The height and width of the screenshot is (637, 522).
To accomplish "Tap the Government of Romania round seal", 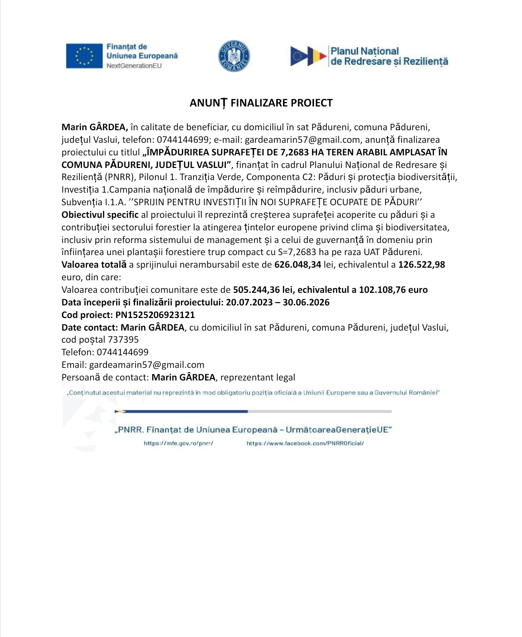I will coord(234,56).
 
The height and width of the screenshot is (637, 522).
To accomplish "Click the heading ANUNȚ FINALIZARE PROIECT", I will coord(261,103).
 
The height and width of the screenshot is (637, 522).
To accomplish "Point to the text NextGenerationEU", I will coord(134,66).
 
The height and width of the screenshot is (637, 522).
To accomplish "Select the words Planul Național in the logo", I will coord(364,51).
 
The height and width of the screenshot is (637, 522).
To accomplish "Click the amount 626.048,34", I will coord(298,265).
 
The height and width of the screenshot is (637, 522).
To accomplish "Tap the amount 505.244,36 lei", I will coord(263,290).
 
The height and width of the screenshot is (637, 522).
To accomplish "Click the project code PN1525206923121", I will coord(155,315).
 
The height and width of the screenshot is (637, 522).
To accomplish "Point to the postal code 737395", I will coord(123,340).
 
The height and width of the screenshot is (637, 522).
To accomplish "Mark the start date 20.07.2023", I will coord(250,303).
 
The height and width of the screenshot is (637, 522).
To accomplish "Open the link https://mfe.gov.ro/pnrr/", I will coord(179,443).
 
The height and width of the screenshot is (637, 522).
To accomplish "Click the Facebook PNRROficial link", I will coord(305,443).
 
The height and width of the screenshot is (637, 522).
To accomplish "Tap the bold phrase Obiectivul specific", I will coord(100,214).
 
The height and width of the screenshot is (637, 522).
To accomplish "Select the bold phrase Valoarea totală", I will coord(94,265).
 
